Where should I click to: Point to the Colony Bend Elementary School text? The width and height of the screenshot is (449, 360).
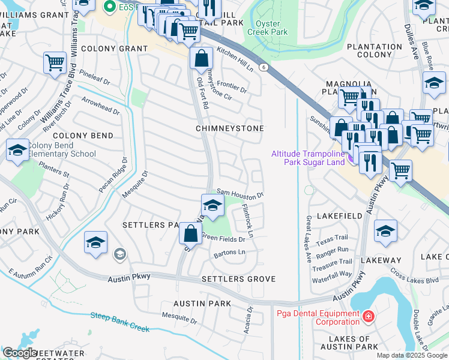click(53, 149)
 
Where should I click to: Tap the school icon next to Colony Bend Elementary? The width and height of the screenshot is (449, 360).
click(17, 151)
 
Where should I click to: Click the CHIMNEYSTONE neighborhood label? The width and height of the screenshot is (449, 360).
click(230, 129)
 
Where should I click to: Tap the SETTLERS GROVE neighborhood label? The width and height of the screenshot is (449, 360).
click(238, 279)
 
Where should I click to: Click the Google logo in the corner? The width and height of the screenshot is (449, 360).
click(20, 352)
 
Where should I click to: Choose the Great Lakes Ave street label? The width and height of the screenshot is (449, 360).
click(309, 239)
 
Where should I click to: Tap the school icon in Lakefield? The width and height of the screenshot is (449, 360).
click(385, 231)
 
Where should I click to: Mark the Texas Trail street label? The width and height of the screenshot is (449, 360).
click(332, 238)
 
